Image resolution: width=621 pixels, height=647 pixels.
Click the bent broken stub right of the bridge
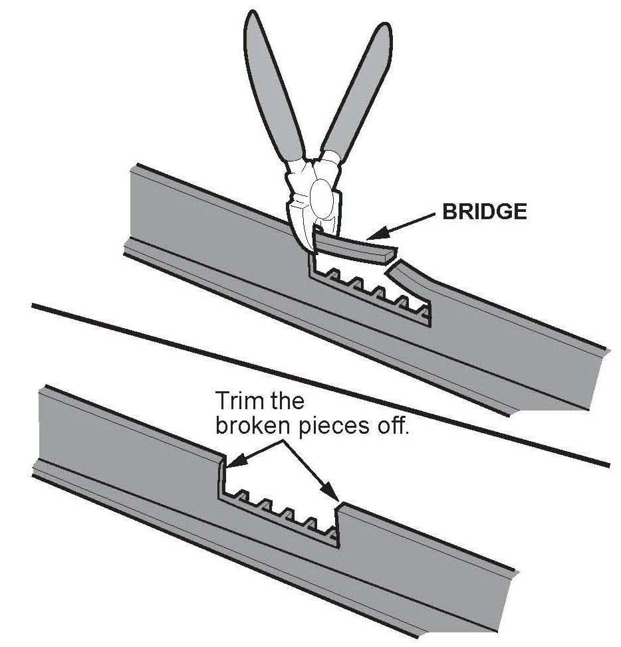click(x=408, y=277)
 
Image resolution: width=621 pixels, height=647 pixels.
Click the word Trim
click(x=237, y=402)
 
